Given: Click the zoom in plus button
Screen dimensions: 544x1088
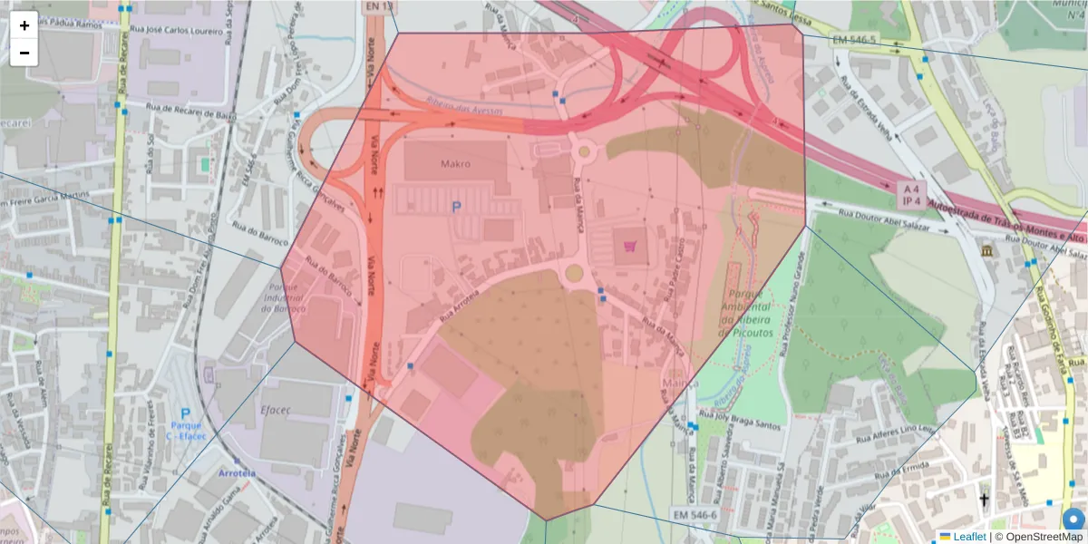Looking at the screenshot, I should (24, 25).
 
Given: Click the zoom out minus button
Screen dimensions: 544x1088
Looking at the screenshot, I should (24, 53).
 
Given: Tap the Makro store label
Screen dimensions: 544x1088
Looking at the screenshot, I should (456, 165).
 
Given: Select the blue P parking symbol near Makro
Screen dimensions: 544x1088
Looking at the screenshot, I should (456, 208).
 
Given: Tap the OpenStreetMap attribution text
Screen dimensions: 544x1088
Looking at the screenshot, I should (1038, 537).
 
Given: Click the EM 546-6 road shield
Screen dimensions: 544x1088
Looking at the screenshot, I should (695, 515).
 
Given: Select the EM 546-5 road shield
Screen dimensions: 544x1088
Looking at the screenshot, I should (853, 40).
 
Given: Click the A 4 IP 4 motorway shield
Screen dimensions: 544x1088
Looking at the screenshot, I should (909, 192).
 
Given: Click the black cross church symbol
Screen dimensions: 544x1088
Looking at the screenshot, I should (984, 500).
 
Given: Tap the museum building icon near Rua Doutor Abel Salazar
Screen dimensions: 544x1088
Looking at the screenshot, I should (985, 249).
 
